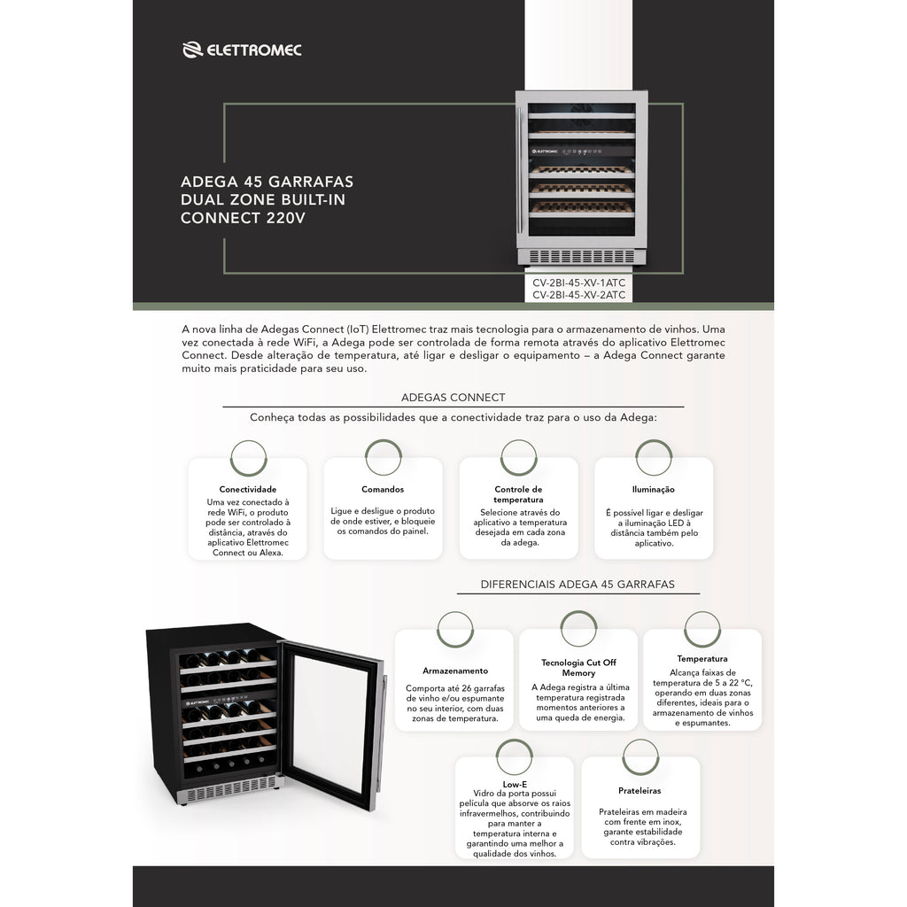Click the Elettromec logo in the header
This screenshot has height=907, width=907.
[242, 50]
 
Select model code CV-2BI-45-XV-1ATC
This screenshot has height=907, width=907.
[578, 283]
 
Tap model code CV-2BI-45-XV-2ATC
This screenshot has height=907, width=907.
[578, 295]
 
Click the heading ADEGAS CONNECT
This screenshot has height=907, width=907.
[453, 398]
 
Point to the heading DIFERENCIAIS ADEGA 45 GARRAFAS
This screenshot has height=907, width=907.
[578, 585]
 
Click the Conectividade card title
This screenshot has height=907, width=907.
[248, 489]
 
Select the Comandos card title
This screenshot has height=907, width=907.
[383, 489]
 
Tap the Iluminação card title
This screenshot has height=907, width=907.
[653, 489]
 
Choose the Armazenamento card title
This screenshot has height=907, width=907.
[455, 671]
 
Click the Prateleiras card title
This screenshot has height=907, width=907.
[640, 791]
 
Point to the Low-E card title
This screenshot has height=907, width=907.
[515, 785]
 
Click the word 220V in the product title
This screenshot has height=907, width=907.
[286, 218]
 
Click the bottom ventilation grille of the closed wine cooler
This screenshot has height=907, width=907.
[581, 256]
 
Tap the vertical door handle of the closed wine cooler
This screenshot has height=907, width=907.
[521, 170]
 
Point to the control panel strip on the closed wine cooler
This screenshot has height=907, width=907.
[581, 151]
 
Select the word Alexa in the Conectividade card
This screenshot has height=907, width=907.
[271, 553]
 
